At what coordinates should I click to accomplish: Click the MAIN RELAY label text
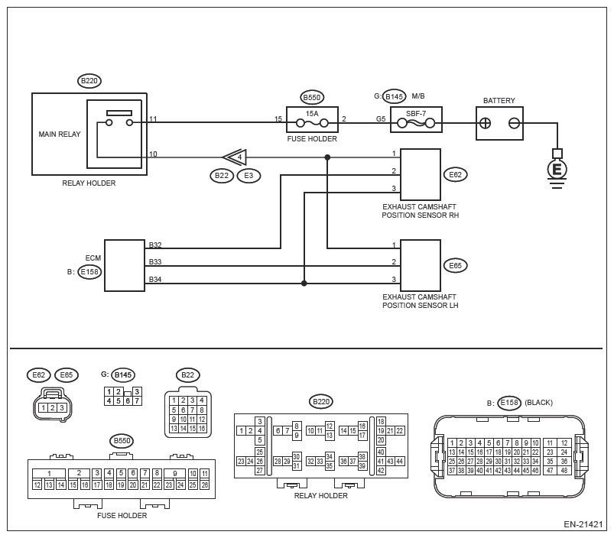pyautogui.click(x=60, y=134)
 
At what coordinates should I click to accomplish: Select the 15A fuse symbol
pyautogui.click(x=312, y=123)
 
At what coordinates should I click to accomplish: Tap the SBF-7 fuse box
pyautogui.click(x=416, y=120)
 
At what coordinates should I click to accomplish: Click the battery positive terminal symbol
pyautogui.click(x=486, y=124)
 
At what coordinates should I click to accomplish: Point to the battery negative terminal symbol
pyautogui.click(x=514, y=124)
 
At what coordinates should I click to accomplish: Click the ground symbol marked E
pyautogui.click(x=557, y=170)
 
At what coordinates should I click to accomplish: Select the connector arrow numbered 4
pyautogui.click(x=236, y=157)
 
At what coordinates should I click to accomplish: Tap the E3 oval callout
pyautogui.click(x=249, y=175)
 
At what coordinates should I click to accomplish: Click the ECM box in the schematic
pyautogui.click(x=125, y=266)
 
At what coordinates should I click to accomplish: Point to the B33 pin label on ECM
pyautogui.click(x=155, y=262)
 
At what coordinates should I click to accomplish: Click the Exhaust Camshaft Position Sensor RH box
pyautogui.click(x=421, y=174)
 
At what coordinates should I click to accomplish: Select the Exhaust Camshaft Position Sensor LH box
pyautogui.click(x=421, y=265)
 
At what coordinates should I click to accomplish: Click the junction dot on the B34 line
pyautogui.click(x=304, y=284)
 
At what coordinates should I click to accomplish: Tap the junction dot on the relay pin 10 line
pyautogui.click(x=327, y=157)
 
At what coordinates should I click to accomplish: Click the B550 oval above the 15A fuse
pyautogui.click(x=312, y=97)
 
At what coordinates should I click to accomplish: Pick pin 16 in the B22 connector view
pyautogui.click(x=202, y=429)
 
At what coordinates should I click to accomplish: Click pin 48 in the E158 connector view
pyautogui.click(x=564, y=470)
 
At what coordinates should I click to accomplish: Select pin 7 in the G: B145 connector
pyautogui.click(x=137, y=400)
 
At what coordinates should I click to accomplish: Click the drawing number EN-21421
pyautogui.click(x=583, y=524)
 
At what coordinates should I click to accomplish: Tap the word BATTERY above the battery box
pyautogui.click(x=499, y=101)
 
